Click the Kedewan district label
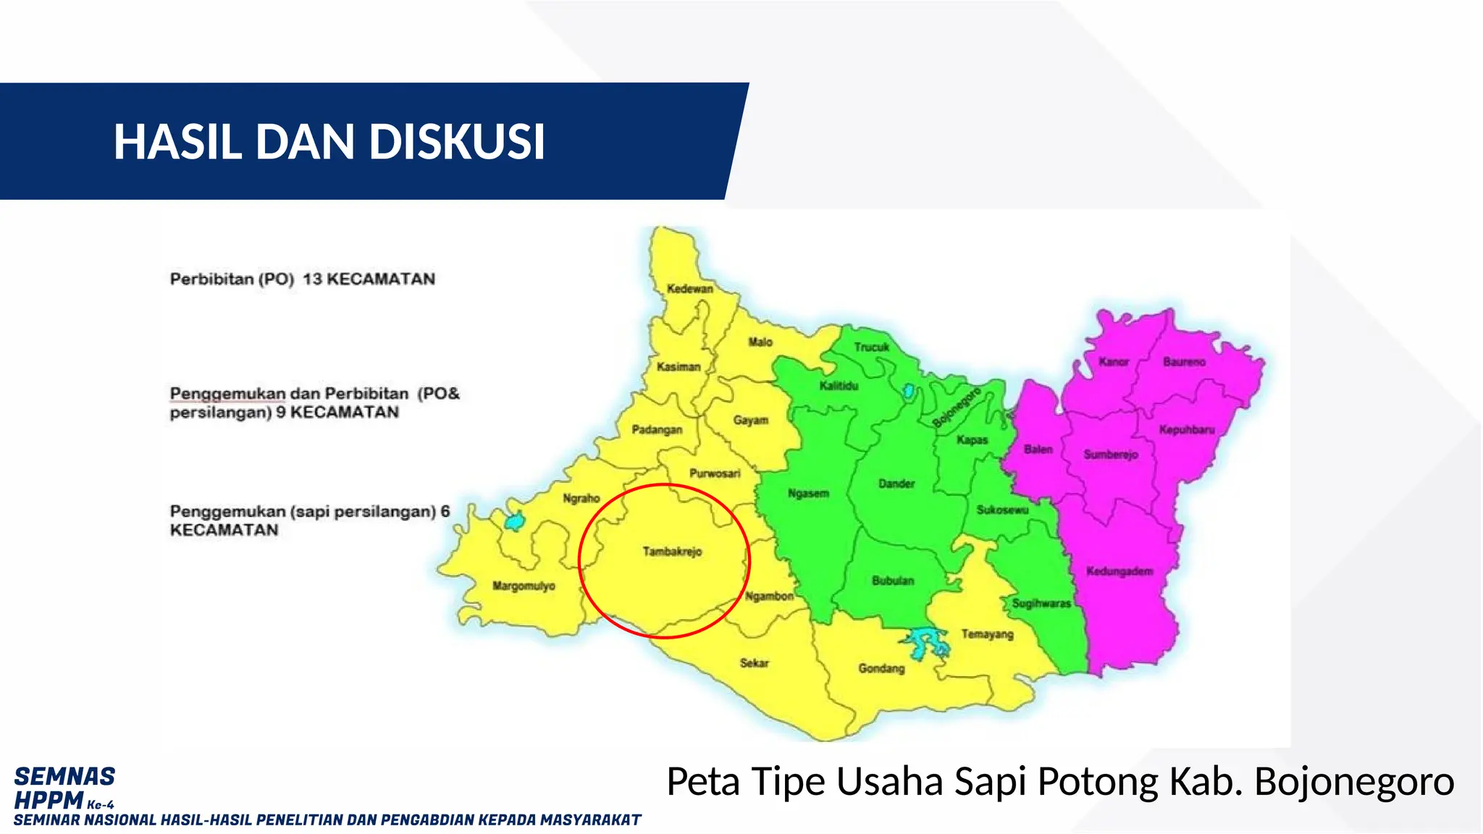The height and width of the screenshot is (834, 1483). click(x=689, y=289)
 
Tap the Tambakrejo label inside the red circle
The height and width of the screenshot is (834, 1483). click(x=672, y=552)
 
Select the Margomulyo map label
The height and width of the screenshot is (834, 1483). click(x=524, y=586)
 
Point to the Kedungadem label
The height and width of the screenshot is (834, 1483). click(x=1119, y=571)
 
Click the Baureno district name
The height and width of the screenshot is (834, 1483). click(x=1184, y=361)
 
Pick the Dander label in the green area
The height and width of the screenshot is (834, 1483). click(x=896, y=484)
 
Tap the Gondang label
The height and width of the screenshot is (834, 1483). click(x=881, y=668)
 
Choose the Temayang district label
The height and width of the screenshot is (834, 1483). click(x=987, y=634)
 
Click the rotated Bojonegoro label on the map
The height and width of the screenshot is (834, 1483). click(x=956, y=408)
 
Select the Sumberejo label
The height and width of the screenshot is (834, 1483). click(x=1111, y=455)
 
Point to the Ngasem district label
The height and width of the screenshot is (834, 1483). click(x=808, y=494)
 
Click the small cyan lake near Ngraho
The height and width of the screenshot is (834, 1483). click(x=514, y=521)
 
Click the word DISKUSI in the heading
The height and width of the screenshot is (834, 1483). click(x=457, y=141)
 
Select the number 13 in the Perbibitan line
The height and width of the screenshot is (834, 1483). click(x=311, y=279)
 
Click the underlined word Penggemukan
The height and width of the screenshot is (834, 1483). click(x=227, y=394)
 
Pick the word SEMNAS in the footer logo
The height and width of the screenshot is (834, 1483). click(x=64, y=776)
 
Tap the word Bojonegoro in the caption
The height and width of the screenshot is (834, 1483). click(x=1353, y=782)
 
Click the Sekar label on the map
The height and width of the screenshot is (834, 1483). click(x=754, y=663)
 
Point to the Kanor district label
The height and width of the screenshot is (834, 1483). click(x=1114, y=361)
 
